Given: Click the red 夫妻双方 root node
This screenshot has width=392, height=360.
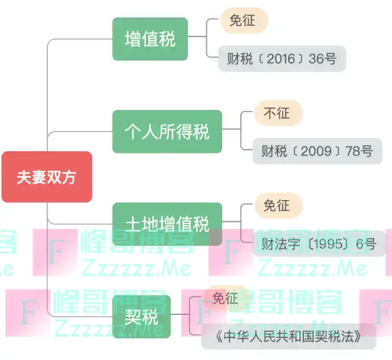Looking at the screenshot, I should point(46,177).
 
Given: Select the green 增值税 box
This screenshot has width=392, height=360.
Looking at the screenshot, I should point(150,39).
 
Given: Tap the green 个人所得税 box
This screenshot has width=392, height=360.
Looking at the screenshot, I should point(167,132).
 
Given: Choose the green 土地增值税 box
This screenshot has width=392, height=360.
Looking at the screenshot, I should point(167,224).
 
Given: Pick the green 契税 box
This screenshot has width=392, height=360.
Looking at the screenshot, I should point(141,316).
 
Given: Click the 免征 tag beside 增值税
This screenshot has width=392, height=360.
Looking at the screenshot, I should point(243,21).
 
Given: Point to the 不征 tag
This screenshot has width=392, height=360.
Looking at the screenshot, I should point(277,113).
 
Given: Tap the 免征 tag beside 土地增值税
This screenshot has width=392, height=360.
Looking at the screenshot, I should point(277,206).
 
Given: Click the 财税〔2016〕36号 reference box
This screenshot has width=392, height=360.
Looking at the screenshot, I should point(282,59).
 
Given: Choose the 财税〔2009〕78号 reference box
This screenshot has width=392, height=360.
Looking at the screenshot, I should point(317,151).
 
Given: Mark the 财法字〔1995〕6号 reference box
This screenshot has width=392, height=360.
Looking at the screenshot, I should point(318,244).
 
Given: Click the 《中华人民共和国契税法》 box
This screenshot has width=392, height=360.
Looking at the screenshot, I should point(289,336).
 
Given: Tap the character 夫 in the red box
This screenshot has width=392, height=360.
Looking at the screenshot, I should point(24,178).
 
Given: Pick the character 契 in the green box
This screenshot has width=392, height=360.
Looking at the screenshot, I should point(133,316).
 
